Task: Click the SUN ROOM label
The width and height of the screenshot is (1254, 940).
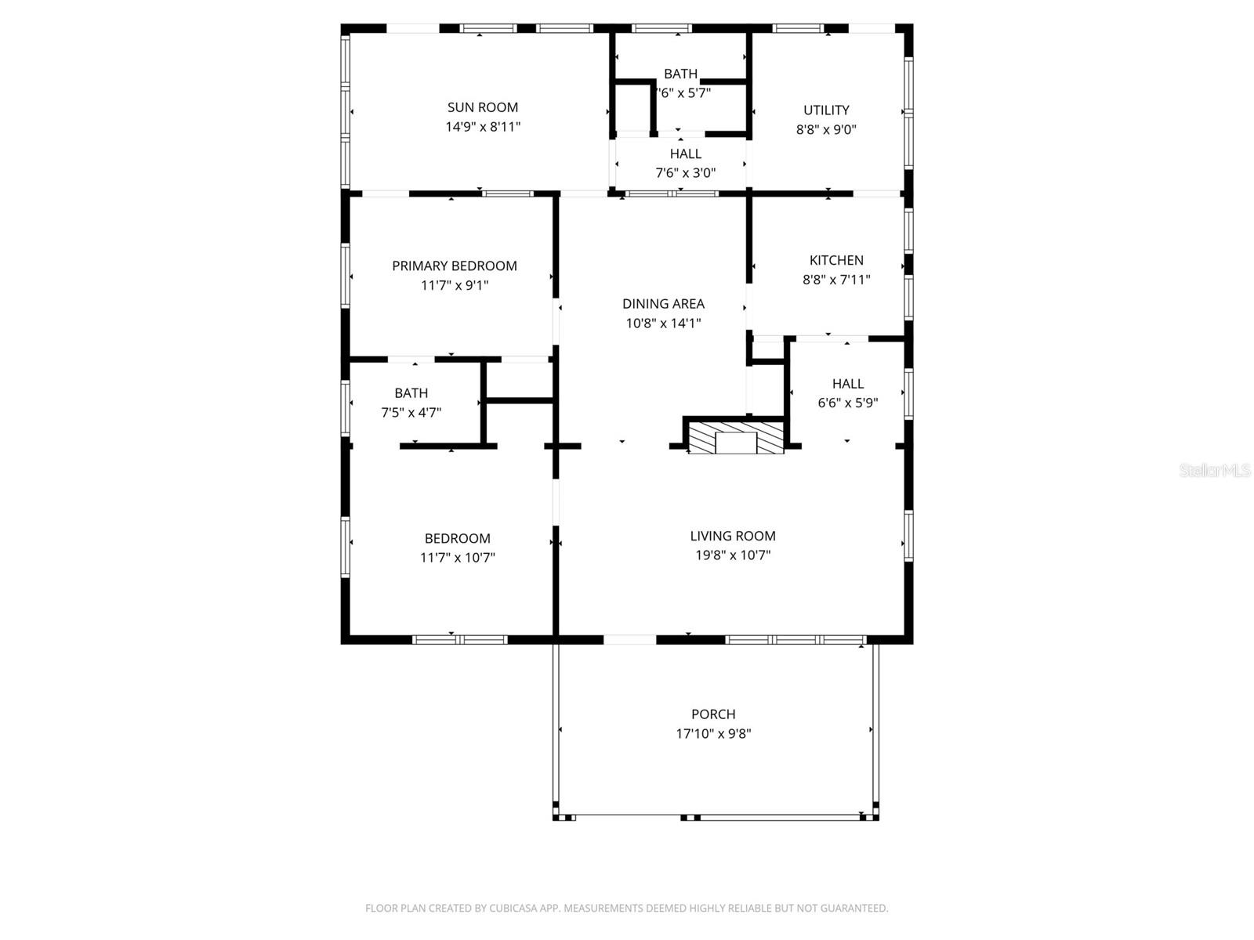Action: click(x=482, y=107)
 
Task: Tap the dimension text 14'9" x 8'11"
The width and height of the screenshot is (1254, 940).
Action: click(x=483, y=127)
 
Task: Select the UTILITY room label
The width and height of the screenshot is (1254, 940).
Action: click(x=826, y=110)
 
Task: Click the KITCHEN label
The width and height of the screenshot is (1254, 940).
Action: click(x=836, y=260)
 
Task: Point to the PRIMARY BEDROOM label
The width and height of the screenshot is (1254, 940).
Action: click(x=455, y=266)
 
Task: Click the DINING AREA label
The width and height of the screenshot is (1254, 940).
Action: click(x=663, y=304)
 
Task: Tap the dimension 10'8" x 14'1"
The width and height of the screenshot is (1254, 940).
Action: click(x=663, y=323)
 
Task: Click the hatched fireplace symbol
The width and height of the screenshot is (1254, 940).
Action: click(x=736, y=438)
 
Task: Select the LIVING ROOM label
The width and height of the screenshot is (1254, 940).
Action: click(x=733, y=536)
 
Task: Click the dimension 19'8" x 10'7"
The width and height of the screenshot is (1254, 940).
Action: click(x=733, y=555)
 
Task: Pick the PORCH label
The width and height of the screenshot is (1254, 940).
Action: click(x=713, y=714)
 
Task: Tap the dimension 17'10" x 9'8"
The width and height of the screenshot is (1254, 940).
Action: click(x=713, y=734)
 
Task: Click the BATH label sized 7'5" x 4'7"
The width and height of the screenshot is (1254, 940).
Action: click(x=411, y=393)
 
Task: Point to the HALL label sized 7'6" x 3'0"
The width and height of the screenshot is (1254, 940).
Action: click(x=686, y=154)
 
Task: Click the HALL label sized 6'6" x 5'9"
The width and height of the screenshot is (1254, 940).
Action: click(x=848, y=384)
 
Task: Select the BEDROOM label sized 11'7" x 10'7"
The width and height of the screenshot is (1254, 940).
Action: click(x=458, y=539)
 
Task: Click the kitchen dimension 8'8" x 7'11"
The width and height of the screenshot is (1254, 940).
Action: click(x=836, y=280)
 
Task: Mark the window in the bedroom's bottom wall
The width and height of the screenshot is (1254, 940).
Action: click(x=460, y=640)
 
